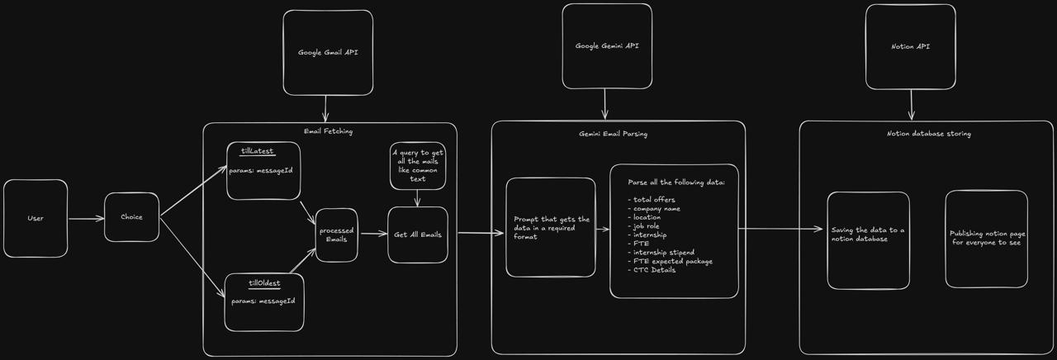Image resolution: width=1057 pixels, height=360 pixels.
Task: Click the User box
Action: click(x=36, y=218)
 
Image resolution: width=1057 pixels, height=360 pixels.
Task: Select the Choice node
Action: click(x=131, y=217)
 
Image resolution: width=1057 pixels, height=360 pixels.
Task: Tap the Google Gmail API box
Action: click(x=328, y=53)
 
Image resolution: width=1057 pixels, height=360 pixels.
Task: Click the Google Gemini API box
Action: click(x=607, y=46)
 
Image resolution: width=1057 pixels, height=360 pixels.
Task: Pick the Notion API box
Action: click(x=910, y=47)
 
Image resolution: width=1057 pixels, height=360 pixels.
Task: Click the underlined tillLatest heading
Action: click(x=257, y=151)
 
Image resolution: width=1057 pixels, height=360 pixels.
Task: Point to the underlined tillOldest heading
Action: click(x=264, y=283)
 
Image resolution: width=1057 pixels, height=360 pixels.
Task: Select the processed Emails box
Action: click(x=337, y=234)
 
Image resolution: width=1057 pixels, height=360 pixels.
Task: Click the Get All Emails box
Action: click(x=418, y=234)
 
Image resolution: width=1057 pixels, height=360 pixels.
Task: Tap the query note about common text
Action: click(x=418, y=166)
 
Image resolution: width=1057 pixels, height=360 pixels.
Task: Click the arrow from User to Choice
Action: click(x=86, y=219)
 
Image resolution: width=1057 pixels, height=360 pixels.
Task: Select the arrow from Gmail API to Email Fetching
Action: click(x=326, y=108)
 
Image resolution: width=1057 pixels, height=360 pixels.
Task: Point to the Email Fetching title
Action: click(x=328, y=131)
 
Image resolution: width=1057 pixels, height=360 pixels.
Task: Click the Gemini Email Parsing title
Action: click(x=618, y=133)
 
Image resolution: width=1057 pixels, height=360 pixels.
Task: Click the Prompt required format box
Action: click(x=551, y=228)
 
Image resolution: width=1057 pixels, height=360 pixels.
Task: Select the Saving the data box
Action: click(x=868, y=234)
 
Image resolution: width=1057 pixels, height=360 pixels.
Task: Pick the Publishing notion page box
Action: click(x=987, y=239)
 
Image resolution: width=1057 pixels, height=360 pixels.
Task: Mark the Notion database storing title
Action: click(x=928, y=133)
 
